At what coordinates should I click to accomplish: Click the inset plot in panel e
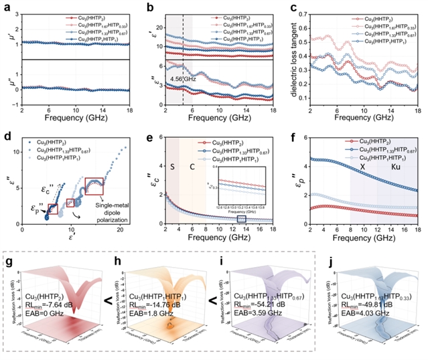[246, 189]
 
